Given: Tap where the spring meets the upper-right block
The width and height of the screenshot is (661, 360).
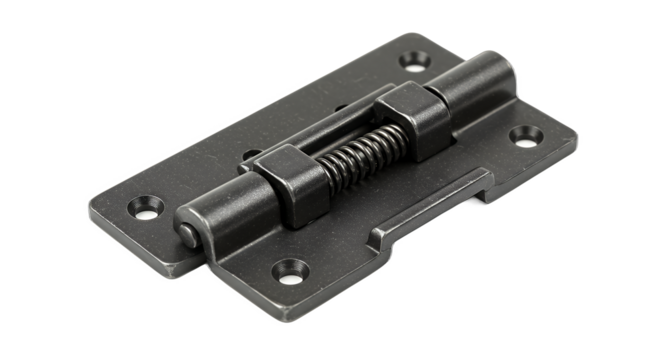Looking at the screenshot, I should [386, 129].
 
